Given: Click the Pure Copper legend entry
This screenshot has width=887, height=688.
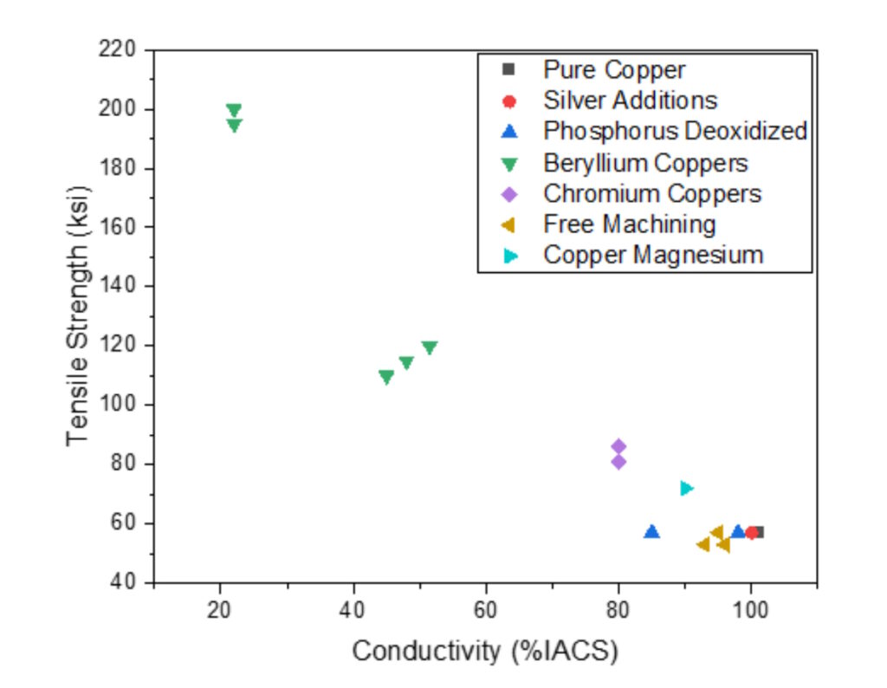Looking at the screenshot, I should pyautogui.click(x=614, y=69).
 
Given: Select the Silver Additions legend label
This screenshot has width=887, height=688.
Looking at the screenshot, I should pyautogui.click(x=630, y=101).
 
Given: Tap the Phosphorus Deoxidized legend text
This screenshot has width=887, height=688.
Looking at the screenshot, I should pyautogui.click(x=675, y=132).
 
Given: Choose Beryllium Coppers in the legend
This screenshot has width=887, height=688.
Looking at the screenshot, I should pyautogui.click(x=645, y=163).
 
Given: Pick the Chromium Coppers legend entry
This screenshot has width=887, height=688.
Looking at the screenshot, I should pyautogui.click(x=652, y=194).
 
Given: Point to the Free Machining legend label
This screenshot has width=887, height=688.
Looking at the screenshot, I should pyautogui.click(x=629, y=225).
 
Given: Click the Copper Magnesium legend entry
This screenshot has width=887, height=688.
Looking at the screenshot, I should pyautogui.click(x=653, y=256).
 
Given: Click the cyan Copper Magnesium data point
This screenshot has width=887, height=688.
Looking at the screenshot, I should pyautogui.click(x=686, y=488).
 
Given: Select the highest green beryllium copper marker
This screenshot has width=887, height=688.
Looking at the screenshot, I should pyautogui.click(x=234, y=110).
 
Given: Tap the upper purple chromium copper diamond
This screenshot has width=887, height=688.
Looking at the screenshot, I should pyautogui.click(x=618, y=446).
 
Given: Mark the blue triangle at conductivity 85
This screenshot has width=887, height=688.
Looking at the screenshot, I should pyautogui.click(x=652, y=531).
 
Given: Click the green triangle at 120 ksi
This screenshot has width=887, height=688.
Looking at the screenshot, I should pyautogui.click(x=429, y=347).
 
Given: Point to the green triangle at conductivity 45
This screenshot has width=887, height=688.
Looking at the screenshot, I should pyautogui.click(x=386, y=376).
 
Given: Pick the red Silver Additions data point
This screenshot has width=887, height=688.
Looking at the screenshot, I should pyautogui.click(x=751, y=532).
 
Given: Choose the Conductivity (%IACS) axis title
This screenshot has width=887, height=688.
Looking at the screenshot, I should pyautogui.click(x=485, y=652).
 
